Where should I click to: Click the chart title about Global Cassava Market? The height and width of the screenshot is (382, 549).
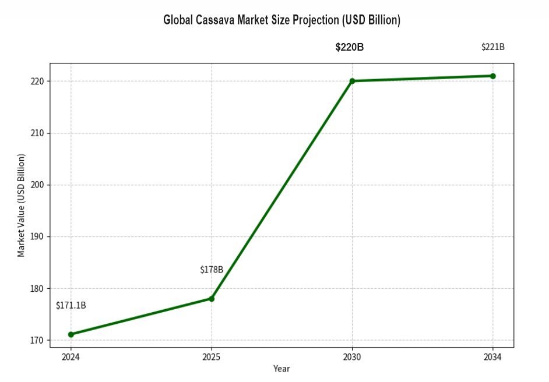[281, 20]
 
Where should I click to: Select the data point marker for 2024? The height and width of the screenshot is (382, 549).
[71, 334]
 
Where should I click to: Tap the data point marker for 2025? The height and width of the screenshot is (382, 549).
[212, 299]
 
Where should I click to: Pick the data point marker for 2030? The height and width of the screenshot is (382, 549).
[352, 81]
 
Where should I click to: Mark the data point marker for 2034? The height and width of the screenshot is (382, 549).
[492, 76]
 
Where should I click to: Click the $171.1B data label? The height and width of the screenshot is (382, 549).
[71, 306]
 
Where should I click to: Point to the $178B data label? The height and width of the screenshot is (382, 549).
[212, 270]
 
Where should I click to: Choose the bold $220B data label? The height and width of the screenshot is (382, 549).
[349, 47]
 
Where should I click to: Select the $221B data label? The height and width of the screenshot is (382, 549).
[492, 47]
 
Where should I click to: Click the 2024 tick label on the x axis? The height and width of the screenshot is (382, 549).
[71, 356]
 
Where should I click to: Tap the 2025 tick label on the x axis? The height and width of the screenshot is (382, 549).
[212, 356]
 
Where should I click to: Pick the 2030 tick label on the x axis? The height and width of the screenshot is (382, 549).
[352, 356]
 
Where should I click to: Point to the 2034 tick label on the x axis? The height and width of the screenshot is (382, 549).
[492, 356]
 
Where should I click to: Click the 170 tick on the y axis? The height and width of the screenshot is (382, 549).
[38, 340]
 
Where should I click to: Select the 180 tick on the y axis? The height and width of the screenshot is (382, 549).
[38, 288]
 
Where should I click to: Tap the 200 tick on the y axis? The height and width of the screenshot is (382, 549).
[38, 185]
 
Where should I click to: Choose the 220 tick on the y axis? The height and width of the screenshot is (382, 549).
[38, 81]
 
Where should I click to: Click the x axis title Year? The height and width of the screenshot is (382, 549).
[281, 369]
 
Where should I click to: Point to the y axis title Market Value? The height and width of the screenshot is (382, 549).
[21, 205]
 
